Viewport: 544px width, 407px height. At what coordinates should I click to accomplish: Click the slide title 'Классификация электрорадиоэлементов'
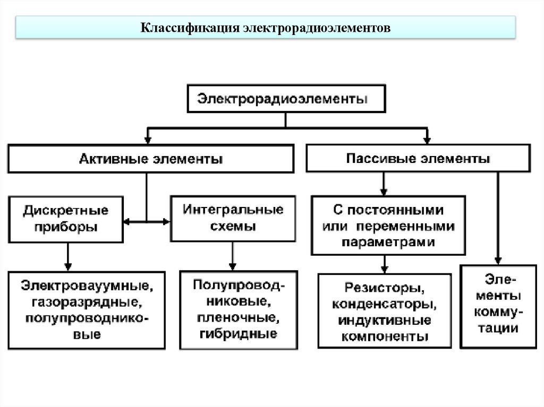[x=266, y=27]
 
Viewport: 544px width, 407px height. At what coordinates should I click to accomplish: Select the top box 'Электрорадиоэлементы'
[x=286, y=99]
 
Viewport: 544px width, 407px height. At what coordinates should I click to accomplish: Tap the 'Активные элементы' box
[x=150, y=159]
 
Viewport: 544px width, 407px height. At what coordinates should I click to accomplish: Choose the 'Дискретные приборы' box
[x=66, y=219]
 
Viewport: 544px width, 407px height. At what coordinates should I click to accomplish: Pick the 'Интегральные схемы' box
[x=233, y=218]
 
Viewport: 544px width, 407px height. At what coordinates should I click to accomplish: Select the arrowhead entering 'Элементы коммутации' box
[x=498, y=261]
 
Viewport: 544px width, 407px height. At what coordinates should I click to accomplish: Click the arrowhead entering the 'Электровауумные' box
[x=67, y=266]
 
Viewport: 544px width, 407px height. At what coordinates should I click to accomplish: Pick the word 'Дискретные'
[x=66, y=211]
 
